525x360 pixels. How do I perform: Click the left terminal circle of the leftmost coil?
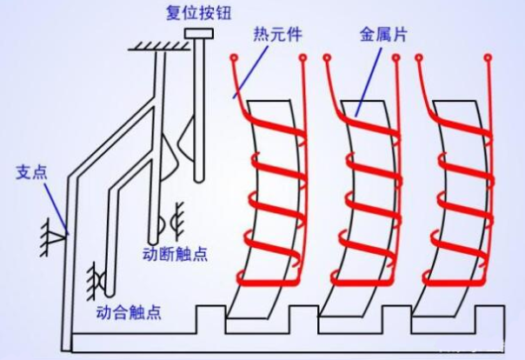point(233,58)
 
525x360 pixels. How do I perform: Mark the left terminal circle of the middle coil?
point(327,58)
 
